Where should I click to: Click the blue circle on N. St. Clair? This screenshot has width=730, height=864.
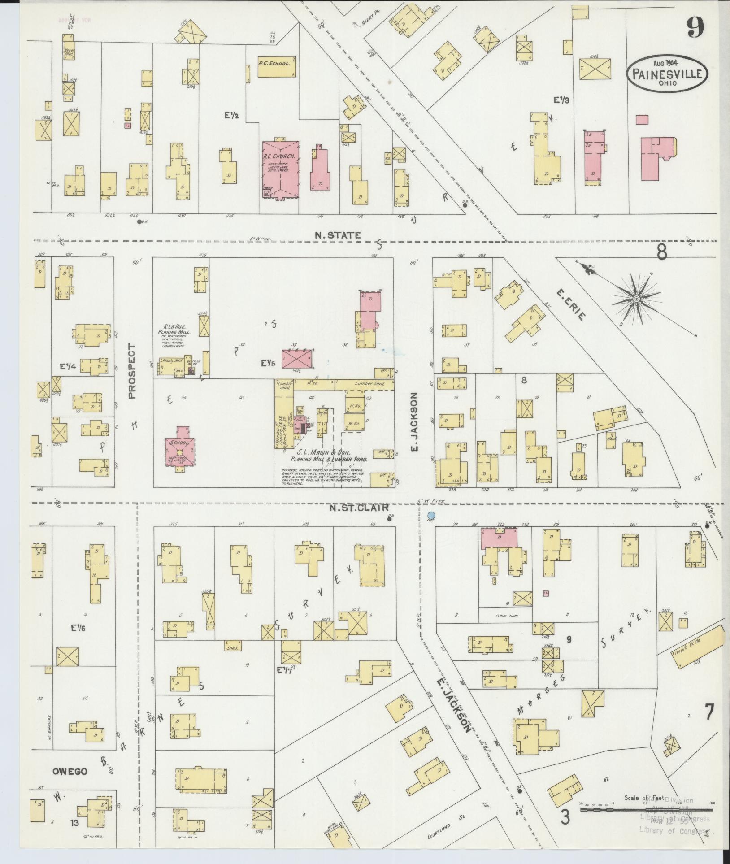click(x=431, y=516)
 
